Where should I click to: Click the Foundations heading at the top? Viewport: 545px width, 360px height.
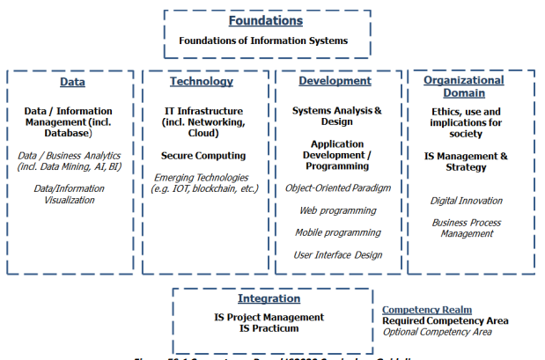(x=265, y=20)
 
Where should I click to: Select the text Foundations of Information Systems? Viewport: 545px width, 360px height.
(x=264, y=40)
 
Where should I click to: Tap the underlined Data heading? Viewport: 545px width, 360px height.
(x=72, y=82)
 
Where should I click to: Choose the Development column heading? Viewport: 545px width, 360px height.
(x=335, y=81)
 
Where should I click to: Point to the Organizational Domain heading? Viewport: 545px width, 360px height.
(x=464, y=86)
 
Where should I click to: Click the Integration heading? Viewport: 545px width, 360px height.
(x=269, y=298)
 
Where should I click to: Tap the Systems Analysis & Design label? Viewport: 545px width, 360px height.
(x=337, y=117)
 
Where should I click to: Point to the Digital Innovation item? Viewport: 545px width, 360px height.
(x=467, y=201)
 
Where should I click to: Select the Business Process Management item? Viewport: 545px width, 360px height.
(x=467, y=228)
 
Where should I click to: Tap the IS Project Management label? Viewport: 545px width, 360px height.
(x=269, y=317)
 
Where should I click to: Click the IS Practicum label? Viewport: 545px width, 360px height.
(x=269, y=328)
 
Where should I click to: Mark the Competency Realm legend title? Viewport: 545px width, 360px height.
(x=426, y=310)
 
